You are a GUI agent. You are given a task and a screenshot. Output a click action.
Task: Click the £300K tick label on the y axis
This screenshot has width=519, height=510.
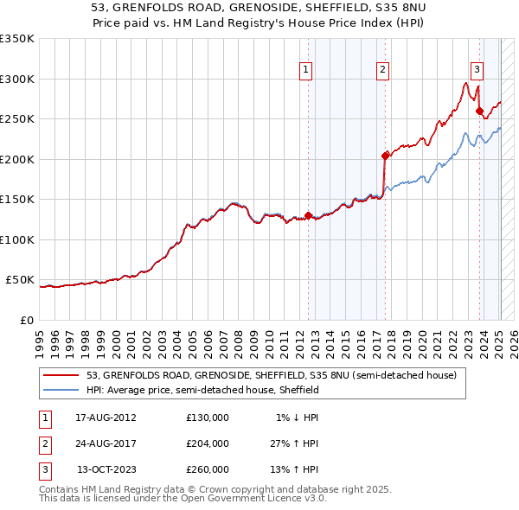(x=17, y=79)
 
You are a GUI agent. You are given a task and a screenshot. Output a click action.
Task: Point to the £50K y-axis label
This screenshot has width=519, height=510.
(x=20, y=280)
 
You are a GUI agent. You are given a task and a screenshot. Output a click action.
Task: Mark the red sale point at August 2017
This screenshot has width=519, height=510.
(x=385, y=156)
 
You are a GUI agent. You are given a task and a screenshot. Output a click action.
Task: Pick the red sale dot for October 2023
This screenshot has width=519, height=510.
(x=478, y=111)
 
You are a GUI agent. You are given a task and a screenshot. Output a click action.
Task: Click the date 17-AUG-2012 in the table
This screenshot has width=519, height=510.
(x=106, y=418)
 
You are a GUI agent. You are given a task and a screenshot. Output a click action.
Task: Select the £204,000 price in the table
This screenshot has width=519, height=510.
(x=208, y=443)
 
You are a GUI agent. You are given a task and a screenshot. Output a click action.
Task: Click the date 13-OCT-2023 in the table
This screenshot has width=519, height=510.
(x=106, y=469)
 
